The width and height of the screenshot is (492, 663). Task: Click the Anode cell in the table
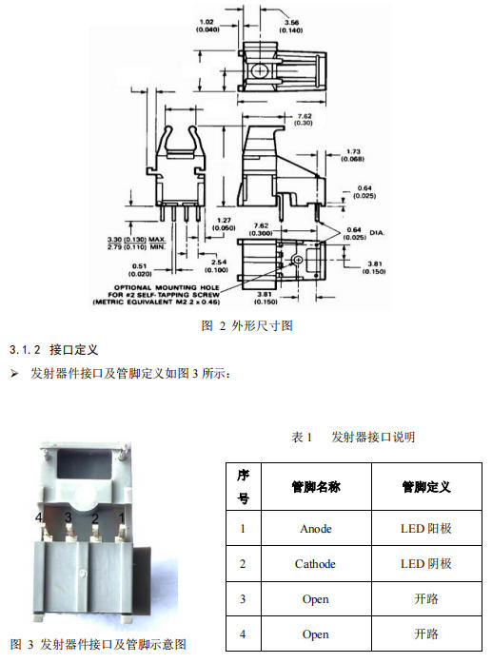coord(316,529)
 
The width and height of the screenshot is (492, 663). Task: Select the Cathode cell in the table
coord(316,564)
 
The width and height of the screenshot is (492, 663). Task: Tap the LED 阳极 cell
coord(426,529)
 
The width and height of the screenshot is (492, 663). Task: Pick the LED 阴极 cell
coord(426,564)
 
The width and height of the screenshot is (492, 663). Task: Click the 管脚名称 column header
coord(316,487)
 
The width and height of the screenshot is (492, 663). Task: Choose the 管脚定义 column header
coord(426,487)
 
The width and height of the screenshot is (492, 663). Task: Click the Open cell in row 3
coord(316,599)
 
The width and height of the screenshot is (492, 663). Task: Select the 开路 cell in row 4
coord(426,634)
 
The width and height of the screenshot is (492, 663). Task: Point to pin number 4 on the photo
coord(39,517)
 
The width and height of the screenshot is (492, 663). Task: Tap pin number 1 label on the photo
coord(122,517)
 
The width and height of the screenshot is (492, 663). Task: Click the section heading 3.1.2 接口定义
coord(53,350)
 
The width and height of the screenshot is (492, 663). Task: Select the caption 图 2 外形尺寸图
coord(247,325)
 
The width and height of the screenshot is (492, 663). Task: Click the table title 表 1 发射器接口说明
coord(353,438)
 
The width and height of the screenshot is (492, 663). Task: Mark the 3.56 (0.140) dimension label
coord(291,27)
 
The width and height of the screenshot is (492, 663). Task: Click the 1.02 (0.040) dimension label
coord(207,26)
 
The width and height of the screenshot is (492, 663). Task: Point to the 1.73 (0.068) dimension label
coord(353,155)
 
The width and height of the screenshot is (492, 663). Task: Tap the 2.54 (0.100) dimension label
coord(217,266)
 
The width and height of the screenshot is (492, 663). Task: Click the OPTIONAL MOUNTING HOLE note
coord(156,295)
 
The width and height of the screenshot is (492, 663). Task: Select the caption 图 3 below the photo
coord(98,644)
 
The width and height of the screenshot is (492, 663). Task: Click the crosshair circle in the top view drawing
coord(258,70)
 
